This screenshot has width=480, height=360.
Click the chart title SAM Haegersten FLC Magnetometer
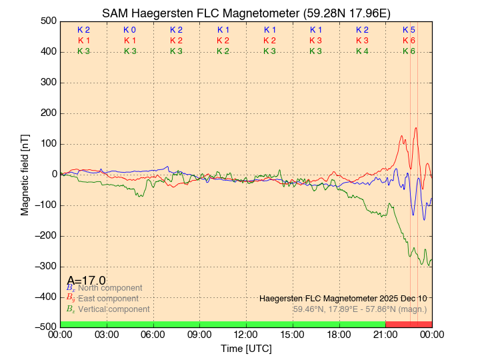pyautogui.click(x=246, y=13)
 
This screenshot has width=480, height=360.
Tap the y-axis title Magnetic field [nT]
pyautogui.click(x=25, y=174)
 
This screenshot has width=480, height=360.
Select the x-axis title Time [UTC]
pyautogui.click(x=246, y=349)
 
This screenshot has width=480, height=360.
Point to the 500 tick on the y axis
pyautogui.click(x=47, y=21)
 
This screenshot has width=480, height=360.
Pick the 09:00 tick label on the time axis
pyautogui.click(x=199, y=335)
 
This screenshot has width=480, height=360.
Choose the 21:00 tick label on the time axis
pyautogui.click(x=385, y=335)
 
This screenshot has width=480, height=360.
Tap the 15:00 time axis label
pyautogui.click(x=293, y=335)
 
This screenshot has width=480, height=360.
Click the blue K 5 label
pyautogui.click(x=409, y=30)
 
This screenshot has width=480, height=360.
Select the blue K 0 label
pyautogui.click(x=129, y=30)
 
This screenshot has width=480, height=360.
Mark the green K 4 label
pyautogui.click(x=362, y=51)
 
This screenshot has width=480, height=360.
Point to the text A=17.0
pyautogui.click(x=86, y=280)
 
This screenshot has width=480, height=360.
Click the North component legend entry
pyautogui.click(x=107, y=288)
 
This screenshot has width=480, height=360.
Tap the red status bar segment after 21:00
pyautogui.click(x=409, y=324)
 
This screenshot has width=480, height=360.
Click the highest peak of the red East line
pyautogui.click(x=416, y=128)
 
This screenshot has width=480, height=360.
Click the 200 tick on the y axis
pyautogui.click(x=47, y=113)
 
